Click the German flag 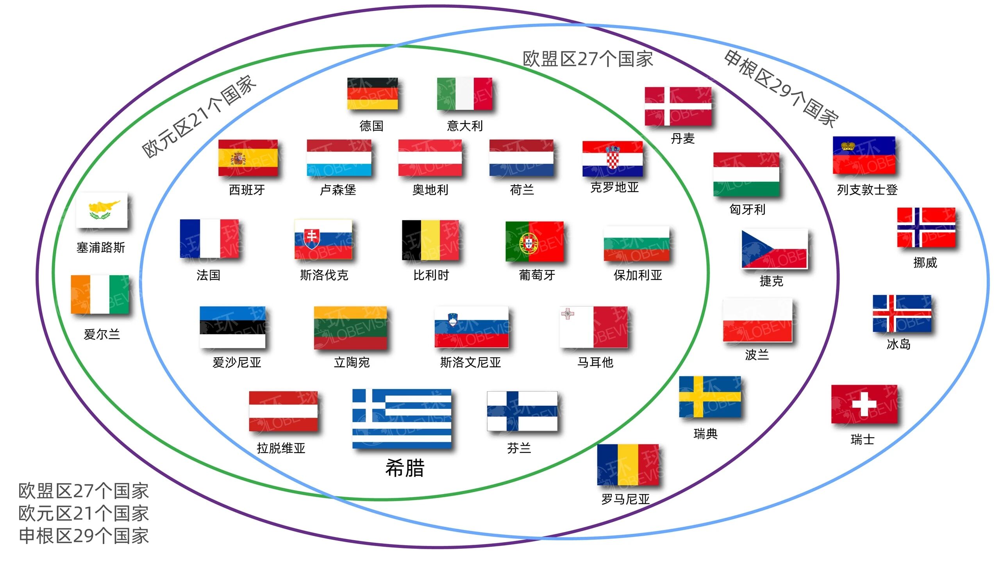pyautogui.click(x=372, y=94)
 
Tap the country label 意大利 pyautogui.click(x=464, y=126)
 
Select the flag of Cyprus pyautogui.click(x=102, y=210)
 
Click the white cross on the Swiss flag pyautogui.click(x=864, y=404)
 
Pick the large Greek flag pyautogui.click(x=402, y=419)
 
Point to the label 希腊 pyautogui.click(x=405, y=468)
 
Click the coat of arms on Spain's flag pyautogui.click(x=238, y=158)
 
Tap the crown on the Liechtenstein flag pyautogui.click(x=848, y=146)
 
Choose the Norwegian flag pyautogui.click(x=926, y=227)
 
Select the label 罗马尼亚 pyautogui.click(x=625, y=499)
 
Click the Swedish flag pyautogui.click(x=709, y=397)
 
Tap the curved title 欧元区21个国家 pyautogui.click(x=199, y=116)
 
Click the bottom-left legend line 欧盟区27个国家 pyautogui.click(x=84, y=491)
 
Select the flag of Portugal pyautogui.click(x=534, y=242)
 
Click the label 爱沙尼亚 pyautogui.click(x=237, y=362)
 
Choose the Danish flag pyautogui.click(x=678, y=106)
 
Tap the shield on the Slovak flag pyautogui.click(x=311, y=238)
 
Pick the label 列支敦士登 pyautogui.click(x=867, y=190)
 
